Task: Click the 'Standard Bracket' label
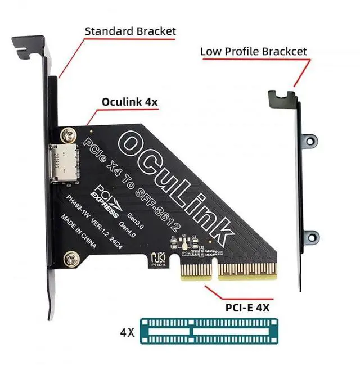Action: coord(130,30)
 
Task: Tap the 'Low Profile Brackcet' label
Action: coord(254,52)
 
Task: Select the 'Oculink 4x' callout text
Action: coord(130,102)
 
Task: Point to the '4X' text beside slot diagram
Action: coord(127,332)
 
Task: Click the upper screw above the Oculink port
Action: coord(69,134)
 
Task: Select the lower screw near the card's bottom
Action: coord(71,260)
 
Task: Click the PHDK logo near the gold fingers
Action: coord(157,259)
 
